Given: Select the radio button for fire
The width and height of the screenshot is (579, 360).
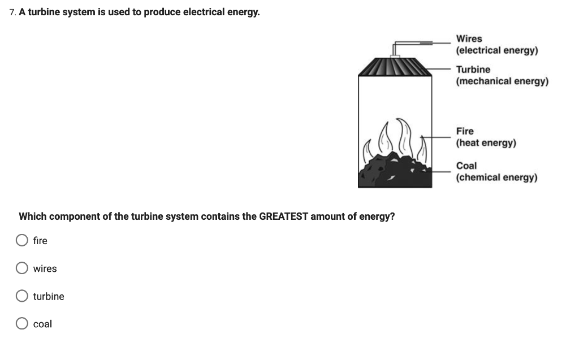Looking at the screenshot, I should (x=22, y=241).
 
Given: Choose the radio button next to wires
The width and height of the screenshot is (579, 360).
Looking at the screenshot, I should (x=22, y=268).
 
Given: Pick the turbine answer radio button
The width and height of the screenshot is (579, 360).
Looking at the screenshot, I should (x=22, y=296).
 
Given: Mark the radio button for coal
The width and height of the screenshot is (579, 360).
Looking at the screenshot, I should (x=22, y=324).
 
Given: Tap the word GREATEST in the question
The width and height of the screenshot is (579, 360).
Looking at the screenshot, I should (x=283, y=216).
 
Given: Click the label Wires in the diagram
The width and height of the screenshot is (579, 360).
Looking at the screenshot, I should (x=469, y=39).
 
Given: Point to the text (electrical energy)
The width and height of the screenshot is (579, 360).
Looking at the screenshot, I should (x=497, y=51).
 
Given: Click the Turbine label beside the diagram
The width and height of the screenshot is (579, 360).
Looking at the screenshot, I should (x=473, y=70).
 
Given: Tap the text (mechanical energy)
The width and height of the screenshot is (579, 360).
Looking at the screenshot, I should (x=502, y=81).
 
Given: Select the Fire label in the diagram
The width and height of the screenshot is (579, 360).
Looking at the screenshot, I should (x=465, y=131).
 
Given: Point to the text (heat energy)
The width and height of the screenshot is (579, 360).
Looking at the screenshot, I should (x=486, y=143).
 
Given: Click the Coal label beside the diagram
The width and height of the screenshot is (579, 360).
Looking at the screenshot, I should (x=466, y=166).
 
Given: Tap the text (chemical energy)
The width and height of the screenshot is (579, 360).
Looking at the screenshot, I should (x=496, y=177).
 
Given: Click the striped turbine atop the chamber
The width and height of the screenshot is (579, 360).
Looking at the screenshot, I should (x=395, y=67).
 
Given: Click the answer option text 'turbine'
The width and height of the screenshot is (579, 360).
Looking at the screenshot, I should (x=49, y=296).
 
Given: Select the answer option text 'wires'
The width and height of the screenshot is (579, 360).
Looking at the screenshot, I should (x=45, y=268).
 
